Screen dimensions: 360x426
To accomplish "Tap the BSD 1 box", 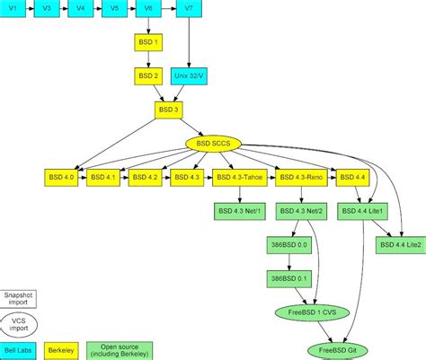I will (x=149, y=43).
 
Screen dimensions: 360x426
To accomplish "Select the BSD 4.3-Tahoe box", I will (x=239, y=177).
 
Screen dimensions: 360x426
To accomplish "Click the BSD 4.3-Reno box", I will (x=298, y=177).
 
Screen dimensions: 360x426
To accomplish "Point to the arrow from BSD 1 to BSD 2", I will (x=149, y=59).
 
